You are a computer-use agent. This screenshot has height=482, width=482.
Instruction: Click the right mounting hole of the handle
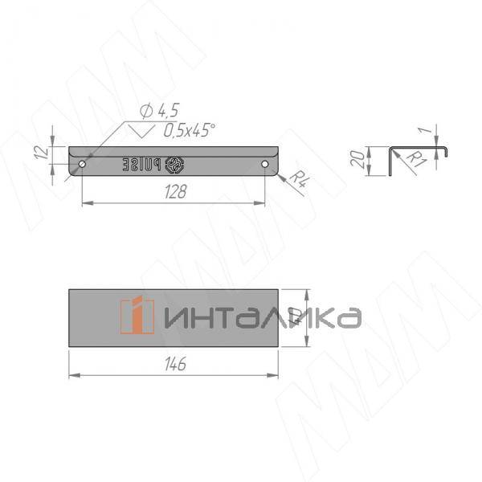(265, 164)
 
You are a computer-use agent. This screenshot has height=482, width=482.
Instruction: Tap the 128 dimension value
(174, 192)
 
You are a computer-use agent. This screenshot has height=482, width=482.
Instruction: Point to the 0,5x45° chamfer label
(190, 130)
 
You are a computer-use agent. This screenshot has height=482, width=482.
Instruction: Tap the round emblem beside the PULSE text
(176, 165)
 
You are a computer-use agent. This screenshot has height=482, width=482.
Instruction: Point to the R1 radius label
(415, 160)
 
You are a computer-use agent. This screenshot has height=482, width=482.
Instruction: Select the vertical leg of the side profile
(390, 161)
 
